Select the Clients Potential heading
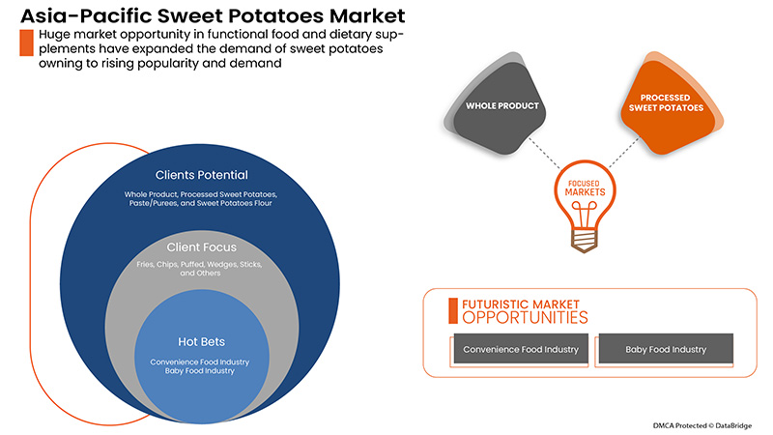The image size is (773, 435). click(x=201, y=175)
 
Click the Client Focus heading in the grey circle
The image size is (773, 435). click(x=201, y=246)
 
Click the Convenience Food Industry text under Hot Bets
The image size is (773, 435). click(x=201, y=362)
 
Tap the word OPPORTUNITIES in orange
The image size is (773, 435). click(x=524, y=317)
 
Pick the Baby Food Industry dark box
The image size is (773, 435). click(x=665, y=349)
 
